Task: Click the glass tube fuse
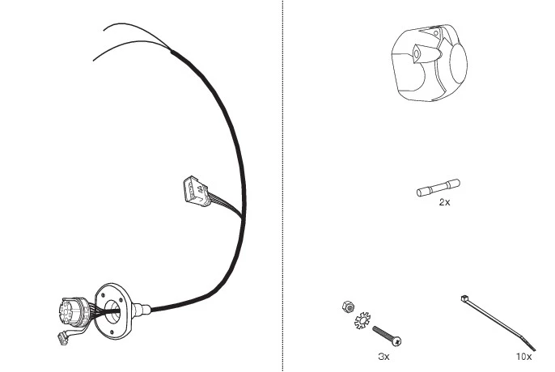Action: [438, 188]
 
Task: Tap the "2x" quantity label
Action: [444, 202]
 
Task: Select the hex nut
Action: [349, 306]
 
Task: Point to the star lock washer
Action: [362, 320]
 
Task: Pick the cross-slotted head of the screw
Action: [396, 341]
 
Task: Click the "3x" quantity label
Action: [383, 357]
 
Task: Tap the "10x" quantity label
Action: [524, 357]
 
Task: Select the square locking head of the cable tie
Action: [464, 298]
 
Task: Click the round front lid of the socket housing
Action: [459, 65]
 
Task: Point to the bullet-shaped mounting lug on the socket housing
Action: [426, 54]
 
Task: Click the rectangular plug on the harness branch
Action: [197, 191]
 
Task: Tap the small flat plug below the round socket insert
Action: [64, 339]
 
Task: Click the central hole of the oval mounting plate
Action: [112, 311]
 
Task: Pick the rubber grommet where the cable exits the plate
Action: [142, 310]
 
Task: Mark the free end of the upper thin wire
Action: [104, 30]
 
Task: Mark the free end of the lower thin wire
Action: [94, 61]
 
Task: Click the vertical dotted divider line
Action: [282, 186]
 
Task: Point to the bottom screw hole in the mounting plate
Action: [112, 332]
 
